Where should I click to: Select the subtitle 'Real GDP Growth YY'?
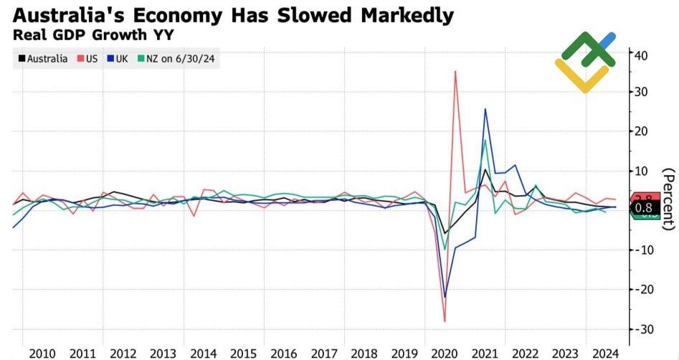(x=93, y=33)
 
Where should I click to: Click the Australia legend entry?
(x=42, y=59)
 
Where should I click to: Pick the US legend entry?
(x=87, y=59)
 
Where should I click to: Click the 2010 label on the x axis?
(x=42, y=353)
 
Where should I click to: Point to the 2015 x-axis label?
(x=243, y=353)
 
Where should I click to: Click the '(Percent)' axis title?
(x=668, y=199)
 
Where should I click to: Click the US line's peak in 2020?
(x=455, y=71)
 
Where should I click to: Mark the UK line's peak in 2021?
(x=485, y=109)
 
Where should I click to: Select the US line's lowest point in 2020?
(x=445, y=321)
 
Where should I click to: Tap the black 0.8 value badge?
(x=644, y=208)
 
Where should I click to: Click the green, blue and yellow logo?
(x=586, y=61)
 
